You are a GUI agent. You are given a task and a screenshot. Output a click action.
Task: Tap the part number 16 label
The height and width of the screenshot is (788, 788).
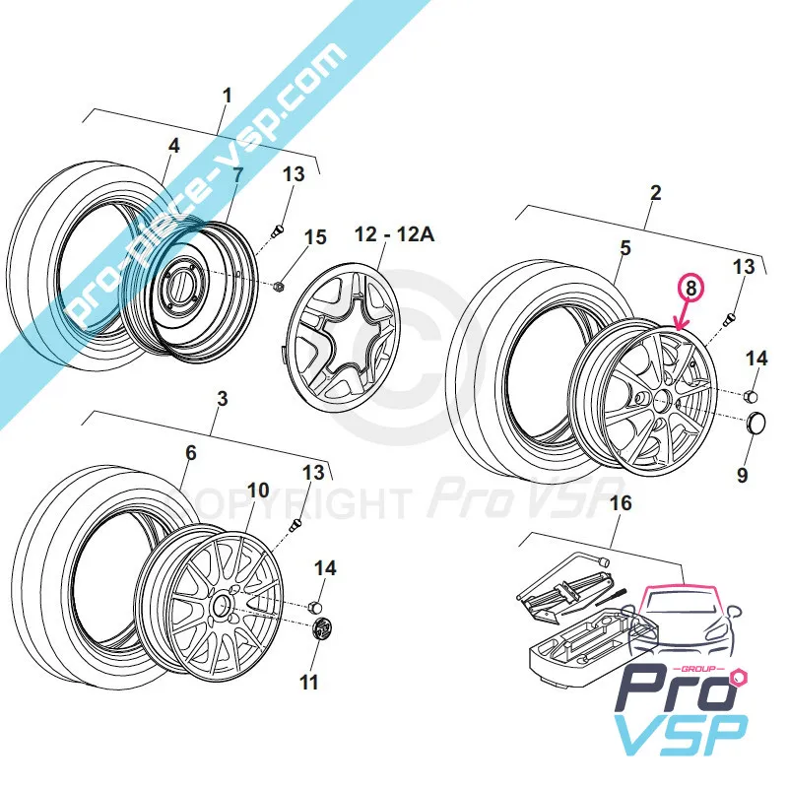[x=620, y=505]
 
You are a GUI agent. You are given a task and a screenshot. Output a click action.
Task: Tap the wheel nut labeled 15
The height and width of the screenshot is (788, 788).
[x=278, y=287]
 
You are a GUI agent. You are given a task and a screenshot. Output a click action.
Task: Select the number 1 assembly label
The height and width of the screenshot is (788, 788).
[x=228, y=97]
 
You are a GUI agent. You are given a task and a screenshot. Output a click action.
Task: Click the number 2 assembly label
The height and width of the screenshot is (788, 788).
[x=656, y=194]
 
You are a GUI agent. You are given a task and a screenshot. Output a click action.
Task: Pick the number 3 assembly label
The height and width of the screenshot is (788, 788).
[x=222, y=399]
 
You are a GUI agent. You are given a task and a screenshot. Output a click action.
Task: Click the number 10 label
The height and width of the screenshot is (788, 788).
[x=258, y=490]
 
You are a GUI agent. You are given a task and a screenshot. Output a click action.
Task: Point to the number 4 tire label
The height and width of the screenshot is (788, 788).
[x=173, y=146]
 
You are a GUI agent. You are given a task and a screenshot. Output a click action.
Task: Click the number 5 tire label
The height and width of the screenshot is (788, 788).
[x=624, y=249]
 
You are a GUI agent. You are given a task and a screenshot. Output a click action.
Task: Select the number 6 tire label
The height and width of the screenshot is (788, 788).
[x=190, y=453]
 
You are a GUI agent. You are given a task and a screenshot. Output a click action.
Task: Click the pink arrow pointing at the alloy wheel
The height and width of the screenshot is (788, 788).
[x=682, y=314]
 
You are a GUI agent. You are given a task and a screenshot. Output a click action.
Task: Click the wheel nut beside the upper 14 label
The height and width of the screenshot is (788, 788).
[x=750, y=397]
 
